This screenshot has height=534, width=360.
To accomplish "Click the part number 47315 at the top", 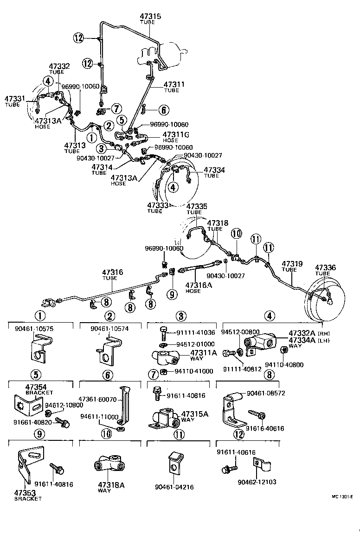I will point(150,17).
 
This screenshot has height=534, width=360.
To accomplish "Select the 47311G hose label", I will point(176,135).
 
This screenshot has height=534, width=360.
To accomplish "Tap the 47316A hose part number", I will point(198,285).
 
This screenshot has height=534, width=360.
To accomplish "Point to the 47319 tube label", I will point(292,264).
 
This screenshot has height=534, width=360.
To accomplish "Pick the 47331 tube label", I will point(15,99).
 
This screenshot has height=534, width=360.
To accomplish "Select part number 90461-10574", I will point(110,328).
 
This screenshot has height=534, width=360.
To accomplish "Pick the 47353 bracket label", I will point(25,492).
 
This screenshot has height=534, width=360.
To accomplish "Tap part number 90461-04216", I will point(174,487).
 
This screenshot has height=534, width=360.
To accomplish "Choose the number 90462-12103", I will point(257,482).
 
